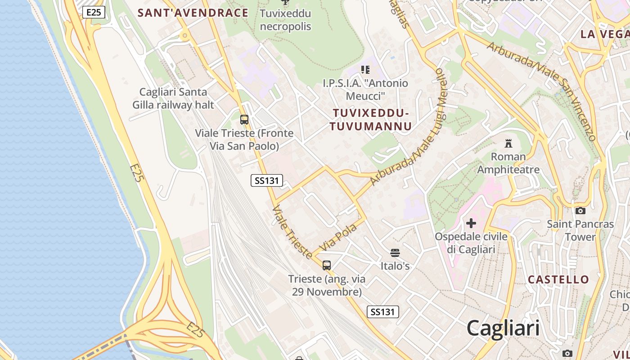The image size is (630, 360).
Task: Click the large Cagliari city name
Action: coord(503,328)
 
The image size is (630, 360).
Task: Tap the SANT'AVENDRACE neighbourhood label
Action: coord(193,13)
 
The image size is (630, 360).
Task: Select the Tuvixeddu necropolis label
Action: coord(285,20)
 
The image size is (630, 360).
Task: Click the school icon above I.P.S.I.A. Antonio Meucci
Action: coord(365,70)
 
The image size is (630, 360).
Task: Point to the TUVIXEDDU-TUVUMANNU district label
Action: coord(370,120)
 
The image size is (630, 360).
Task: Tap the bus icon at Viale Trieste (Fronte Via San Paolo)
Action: coord(244,120)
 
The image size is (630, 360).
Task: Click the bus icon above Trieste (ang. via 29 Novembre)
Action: coord(327,265)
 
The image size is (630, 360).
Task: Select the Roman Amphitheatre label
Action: coord(508,163)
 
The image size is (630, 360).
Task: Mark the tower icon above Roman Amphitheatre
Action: coord(508,144)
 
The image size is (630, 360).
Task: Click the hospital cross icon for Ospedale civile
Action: coord(471,223)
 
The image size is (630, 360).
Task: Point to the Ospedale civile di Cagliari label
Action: coord(471,243)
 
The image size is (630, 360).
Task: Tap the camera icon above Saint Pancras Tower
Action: coord(580,211)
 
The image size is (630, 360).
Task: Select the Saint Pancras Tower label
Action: coord(580,230)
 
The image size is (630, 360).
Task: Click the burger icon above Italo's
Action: coord(395,252)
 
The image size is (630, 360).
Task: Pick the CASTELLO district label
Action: coord(558,279)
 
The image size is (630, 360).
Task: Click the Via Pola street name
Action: coord(338,237)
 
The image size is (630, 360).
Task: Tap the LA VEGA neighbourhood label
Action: coord(605,34)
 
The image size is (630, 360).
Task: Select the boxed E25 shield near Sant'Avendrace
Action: coord(94,12)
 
